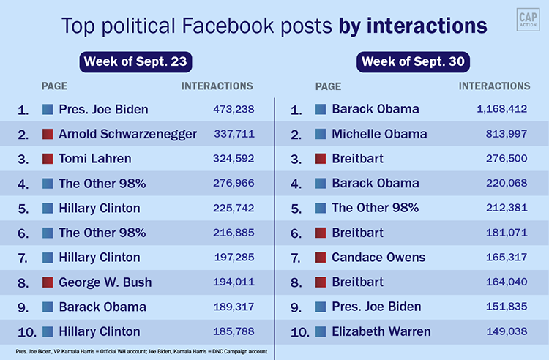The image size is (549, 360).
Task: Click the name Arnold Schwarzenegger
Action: click(x=128, y=134)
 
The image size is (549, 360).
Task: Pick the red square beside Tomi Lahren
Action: click(x=48, y=159)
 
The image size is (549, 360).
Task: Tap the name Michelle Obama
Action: click(x=379, y=134)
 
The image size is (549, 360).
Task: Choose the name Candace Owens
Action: click(x=378, y=258)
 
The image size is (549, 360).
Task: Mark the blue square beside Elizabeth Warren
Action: click(x=321, y=331)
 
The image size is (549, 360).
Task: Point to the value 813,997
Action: click(x=507, y=134)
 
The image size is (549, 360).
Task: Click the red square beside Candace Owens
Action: click(x=321, y=258)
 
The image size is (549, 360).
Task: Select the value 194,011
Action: click(x=231, y=282)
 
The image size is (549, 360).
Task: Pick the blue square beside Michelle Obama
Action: click(x=321, y=134)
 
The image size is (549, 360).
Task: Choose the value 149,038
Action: click(x=507, y=331)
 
